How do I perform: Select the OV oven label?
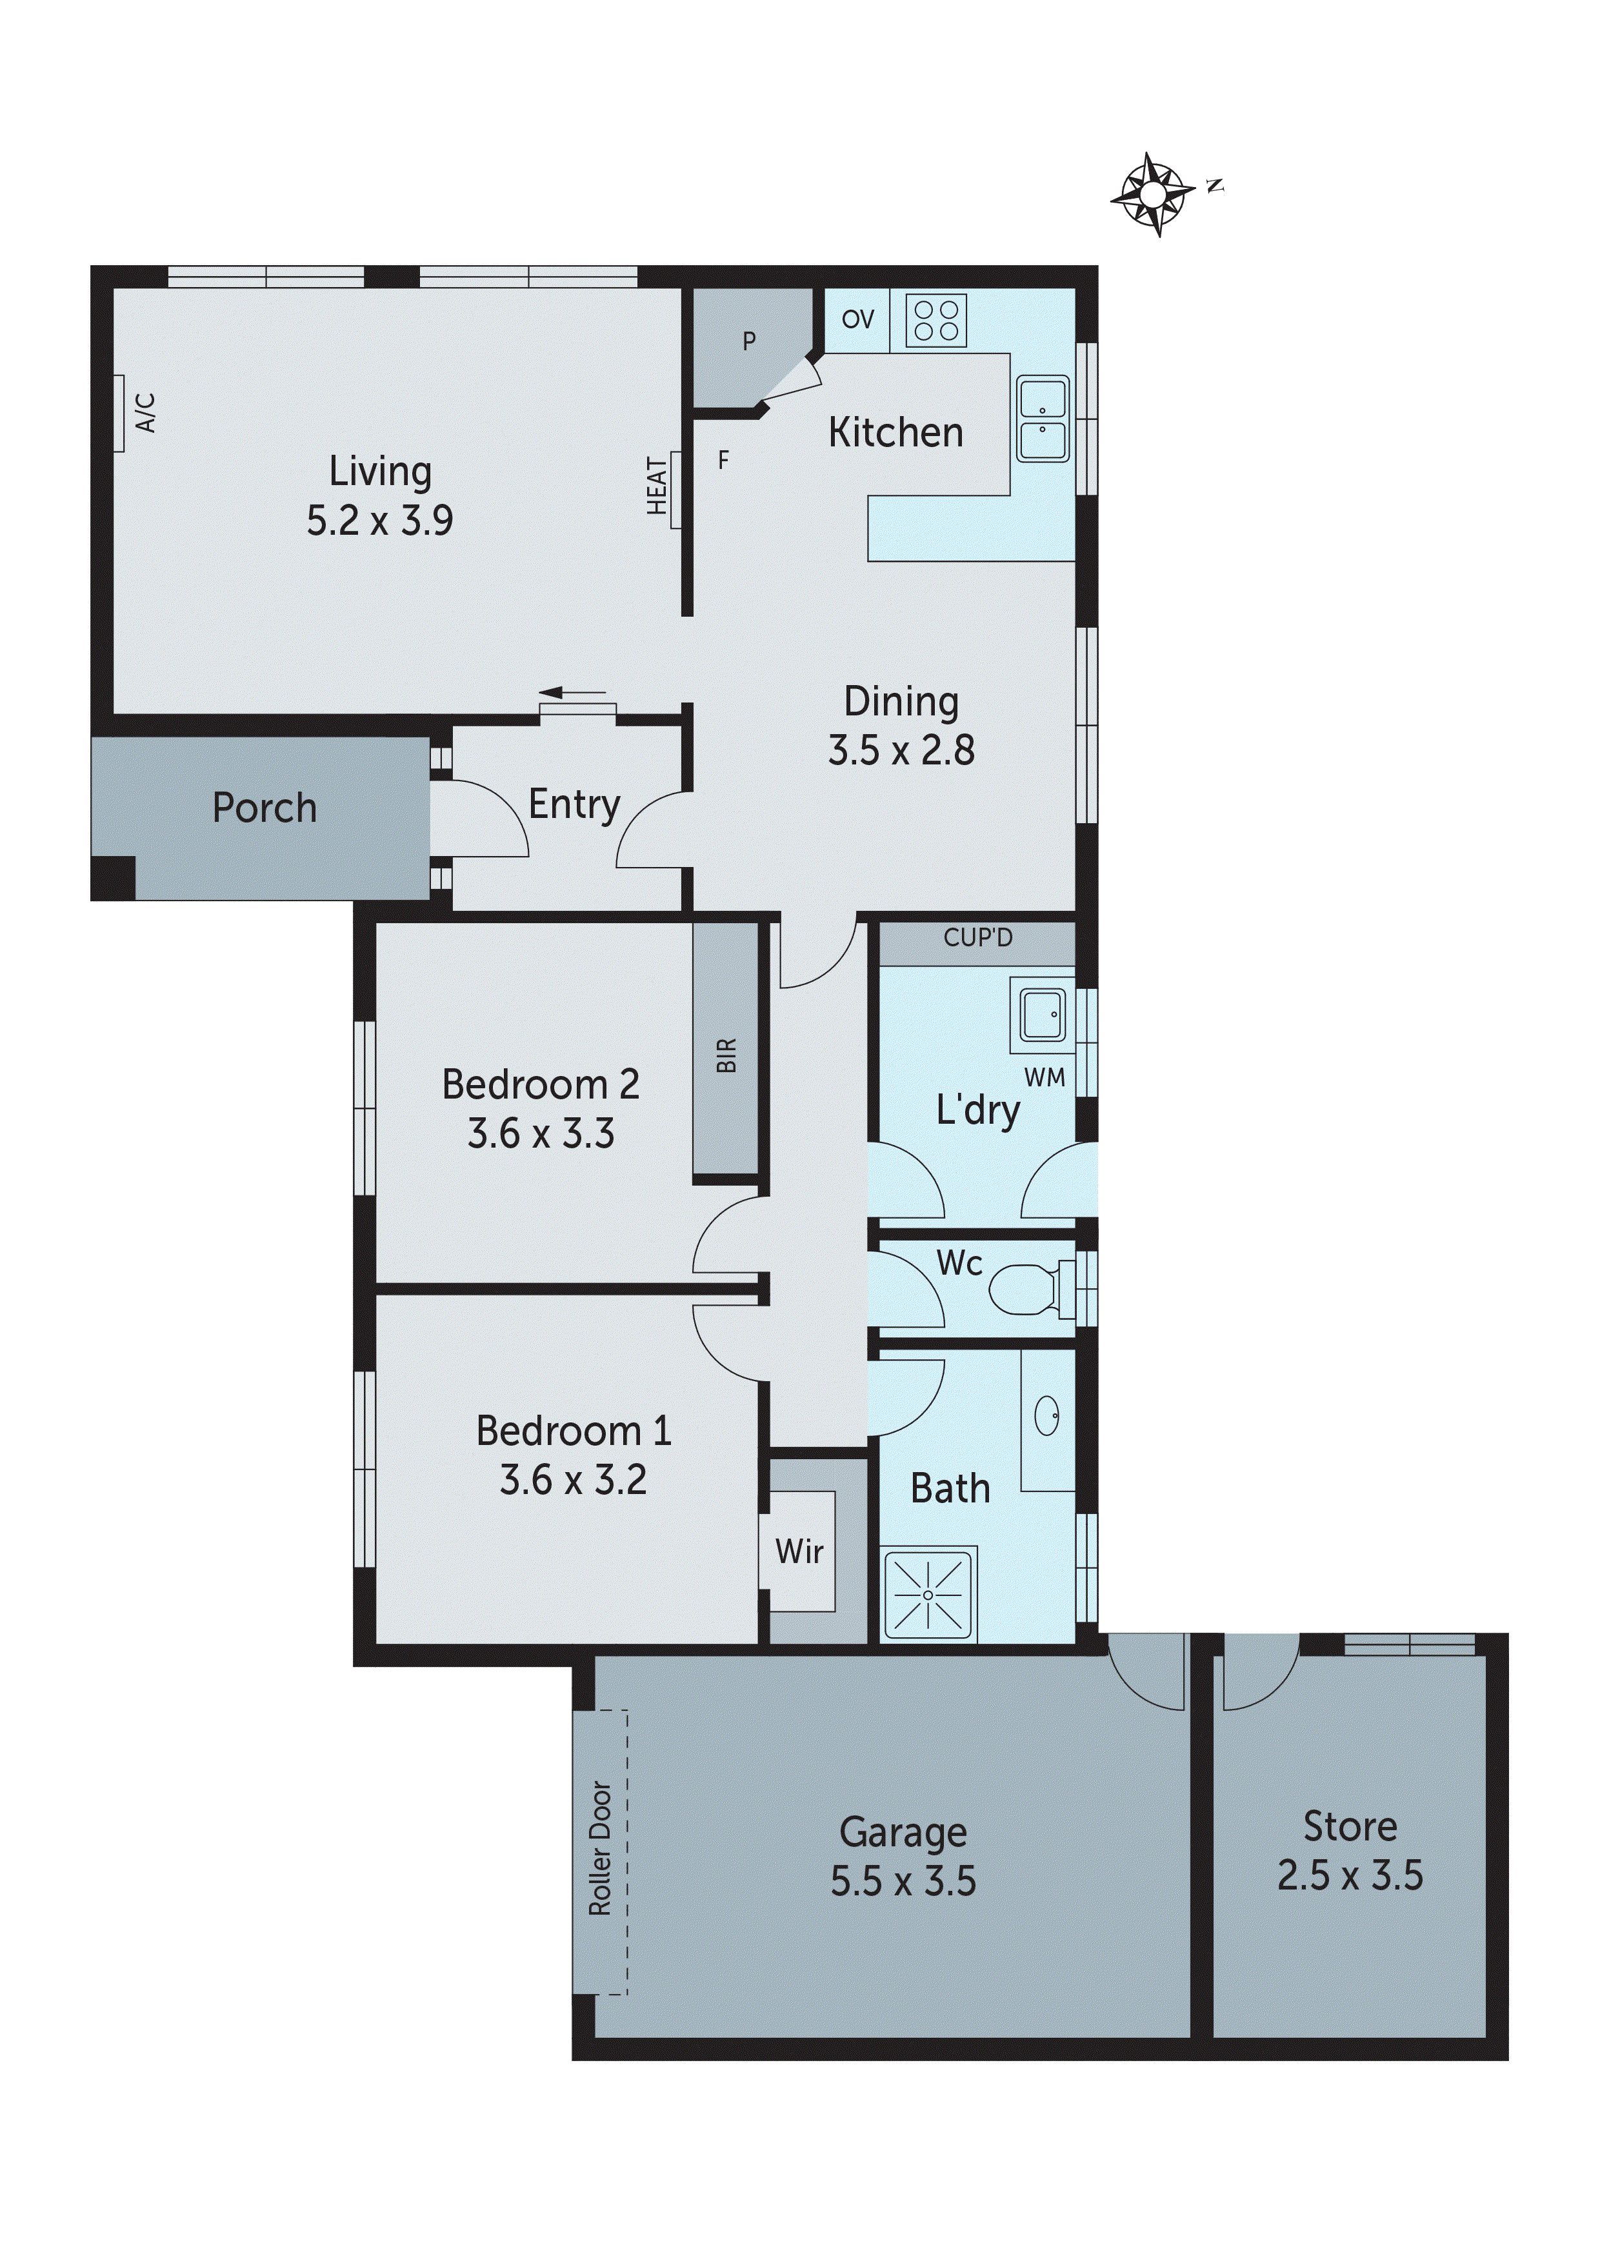click(857, 319)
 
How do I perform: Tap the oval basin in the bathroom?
click(1047, 1417)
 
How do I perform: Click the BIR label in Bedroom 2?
click(726, 1055)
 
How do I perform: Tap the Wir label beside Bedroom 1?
click(799, 1551)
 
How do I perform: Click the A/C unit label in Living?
click(145, 413)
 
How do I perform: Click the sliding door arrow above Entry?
click(572, 692)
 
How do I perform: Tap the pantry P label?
click(749, 341)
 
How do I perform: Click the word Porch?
click(265, 808)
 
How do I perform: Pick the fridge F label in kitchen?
click(724, 459)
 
